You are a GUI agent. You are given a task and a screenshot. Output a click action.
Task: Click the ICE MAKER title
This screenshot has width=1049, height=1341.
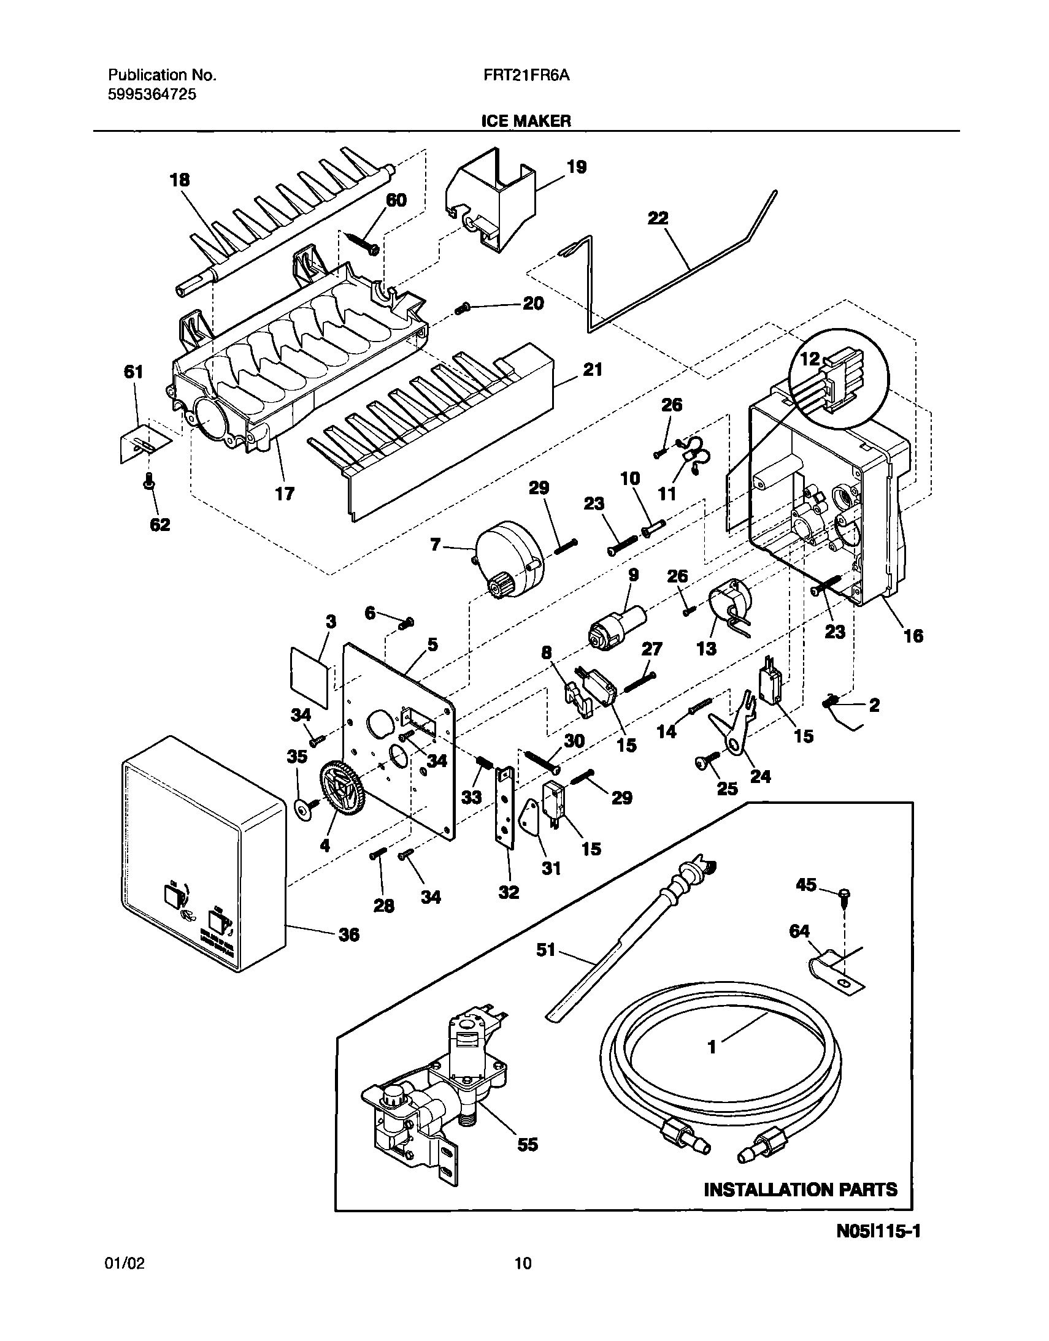526,121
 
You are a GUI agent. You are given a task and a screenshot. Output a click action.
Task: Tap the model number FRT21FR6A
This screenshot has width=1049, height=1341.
527,75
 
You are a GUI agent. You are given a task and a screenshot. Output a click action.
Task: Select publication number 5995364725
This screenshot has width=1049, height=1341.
152,94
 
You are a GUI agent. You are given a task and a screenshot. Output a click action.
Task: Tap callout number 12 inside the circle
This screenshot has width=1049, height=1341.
810,360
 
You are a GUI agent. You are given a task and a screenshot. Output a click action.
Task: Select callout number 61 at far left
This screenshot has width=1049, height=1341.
133,372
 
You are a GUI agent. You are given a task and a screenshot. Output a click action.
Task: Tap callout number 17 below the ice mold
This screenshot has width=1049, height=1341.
285,493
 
